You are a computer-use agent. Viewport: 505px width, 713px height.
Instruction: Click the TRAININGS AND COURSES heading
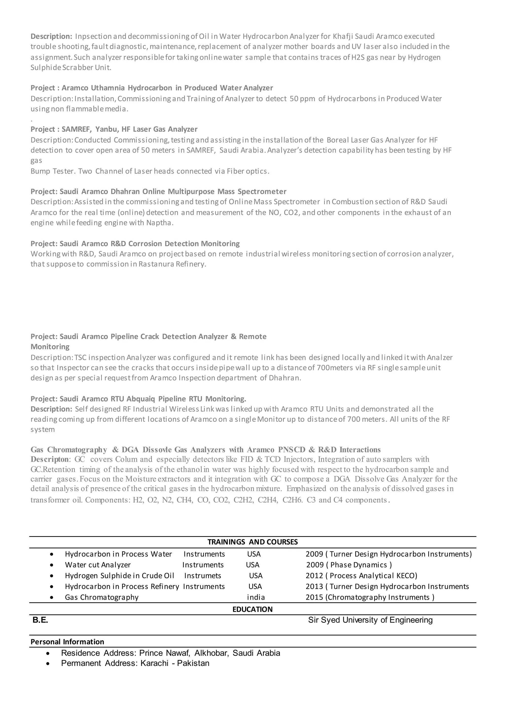252,542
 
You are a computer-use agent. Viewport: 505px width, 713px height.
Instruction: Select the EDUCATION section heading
252,609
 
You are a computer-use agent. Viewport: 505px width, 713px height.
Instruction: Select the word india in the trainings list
256,597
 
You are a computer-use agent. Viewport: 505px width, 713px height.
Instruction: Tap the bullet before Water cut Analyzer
52,565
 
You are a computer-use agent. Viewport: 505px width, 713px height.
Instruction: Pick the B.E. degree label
40,620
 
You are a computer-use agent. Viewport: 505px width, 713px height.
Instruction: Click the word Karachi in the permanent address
154,663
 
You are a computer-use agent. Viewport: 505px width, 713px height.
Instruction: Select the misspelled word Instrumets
202,576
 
